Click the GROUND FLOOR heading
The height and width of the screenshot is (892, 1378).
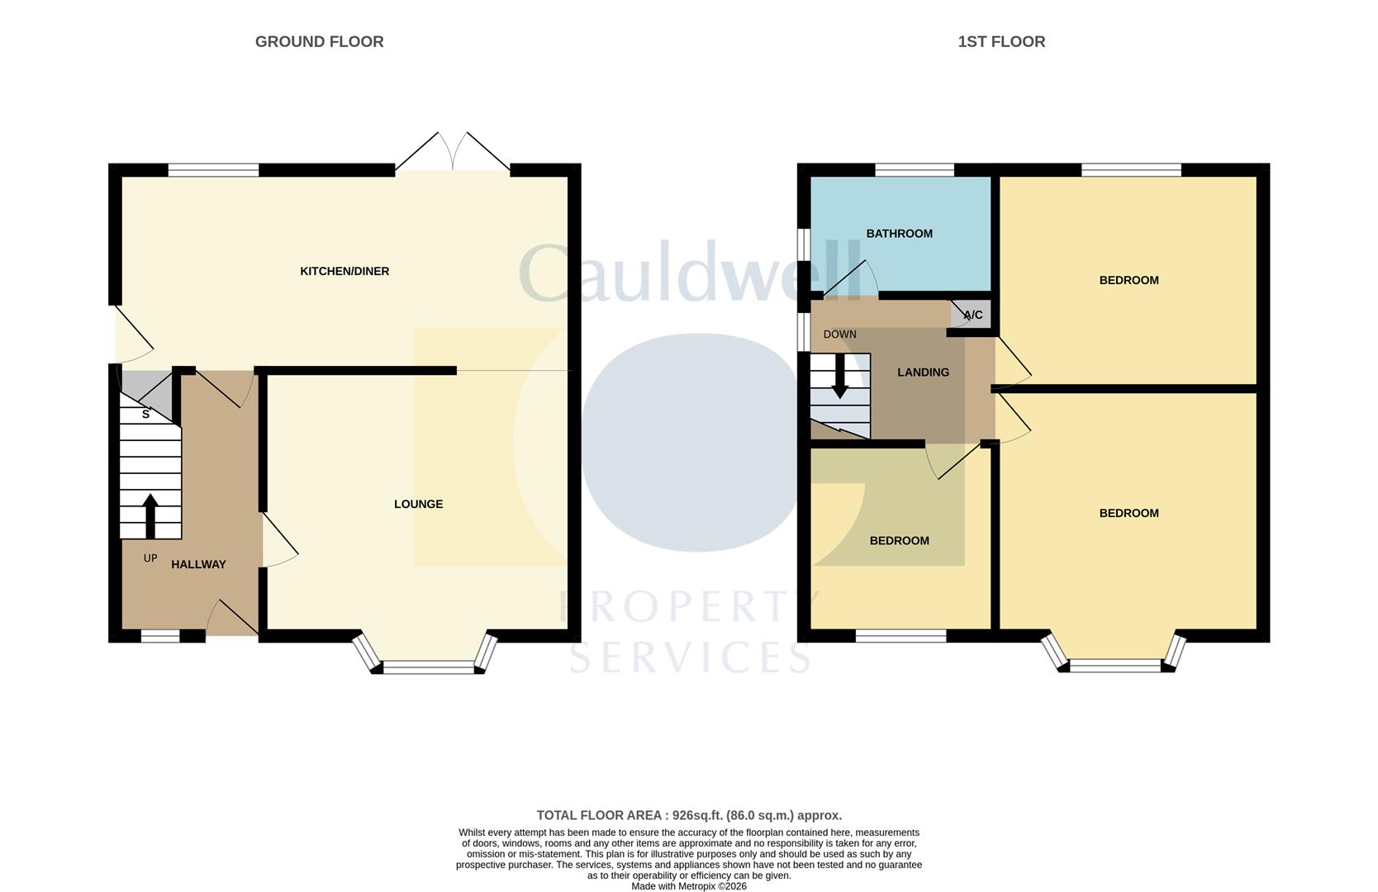pyautogui.click(x=319, y=41)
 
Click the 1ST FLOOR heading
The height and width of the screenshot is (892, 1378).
pyautogui.click(x=1001, y=41)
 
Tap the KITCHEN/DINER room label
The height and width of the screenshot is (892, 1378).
pyautogui.click(x=344, y=271)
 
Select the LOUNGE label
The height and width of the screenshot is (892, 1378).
pyautogui.click(x=418, y=504)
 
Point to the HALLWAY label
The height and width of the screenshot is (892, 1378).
pyautogui.click(x=198, y=564)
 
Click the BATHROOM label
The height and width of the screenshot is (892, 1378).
pyautogui.click(x=899, y=234)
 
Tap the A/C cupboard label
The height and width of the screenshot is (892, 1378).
pyautogui.click(x=973, y=315)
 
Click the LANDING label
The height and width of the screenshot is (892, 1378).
pyautogui.click(x=923, y=372)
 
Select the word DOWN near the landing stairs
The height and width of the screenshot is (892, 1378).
pyautogui.click(x=839, y=334)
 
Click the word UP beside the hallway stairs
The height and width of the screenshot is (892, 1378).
pyautogui.click(x=150, y=558)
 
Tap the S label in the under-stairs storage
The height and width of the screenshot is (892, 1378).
pyautogui.click(x=146, y=414)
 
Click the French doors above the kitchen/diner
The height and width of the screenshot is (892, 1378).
pyautogui.click(x=452, y=153)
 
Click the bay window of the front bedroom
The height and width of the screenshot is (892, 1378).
pyautogui.click(x=1115, y=665)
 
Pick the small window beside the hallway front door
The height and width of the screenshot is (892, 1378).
pyautogui.click(x=160, y=636)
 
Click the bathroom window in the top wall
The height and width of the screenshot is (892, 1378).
pyautogui.click(x=915, y=170)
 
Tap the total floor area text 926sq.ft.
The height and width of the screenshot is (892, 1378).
pyautogui.click(x=689, y=815)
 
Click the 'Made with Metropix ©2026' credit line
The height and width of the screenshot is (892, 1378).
pyautogui.click(x=689, y=886)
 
